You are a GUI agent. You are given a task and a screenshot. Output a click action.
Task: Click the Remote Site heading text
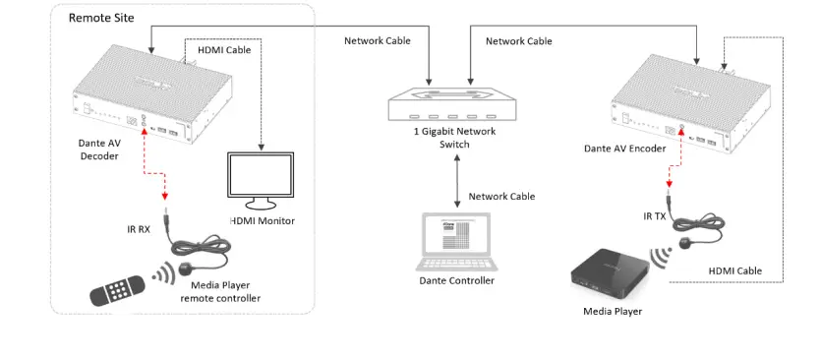[x=102, y=18]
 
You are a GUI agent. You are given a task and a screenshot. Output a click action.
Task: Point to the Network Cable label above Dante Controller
[x=501, y=197]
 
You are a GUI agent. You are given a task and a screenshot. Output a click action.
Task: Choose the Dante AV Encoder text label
[x=624, y=149]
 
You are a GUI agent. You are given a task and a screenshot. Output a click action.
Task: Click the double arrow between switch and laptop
[x=453, y=182]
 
